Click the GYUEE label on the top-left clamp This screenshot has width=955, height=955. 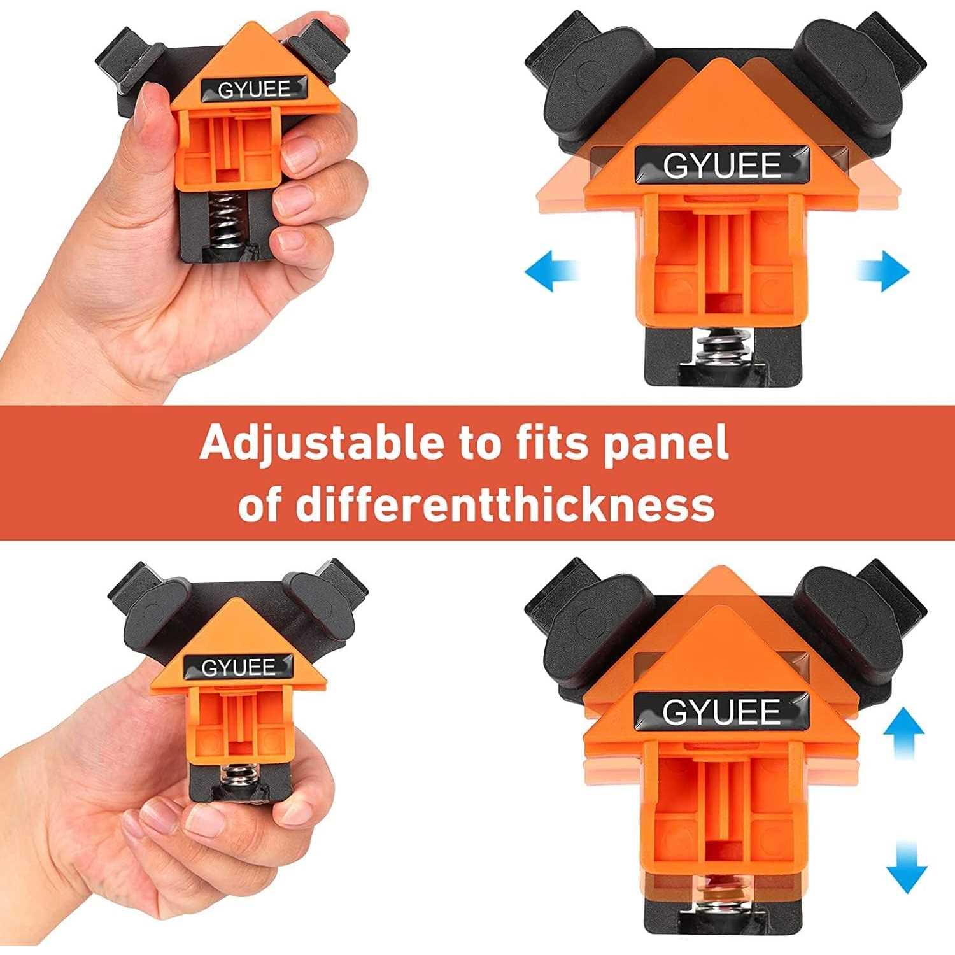(x=253, y=90)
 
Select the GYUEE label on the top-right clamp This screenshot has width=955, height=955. (x=721, y=165)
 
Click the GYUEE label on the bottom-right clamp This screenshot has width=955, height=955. (x=721, y=711)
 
